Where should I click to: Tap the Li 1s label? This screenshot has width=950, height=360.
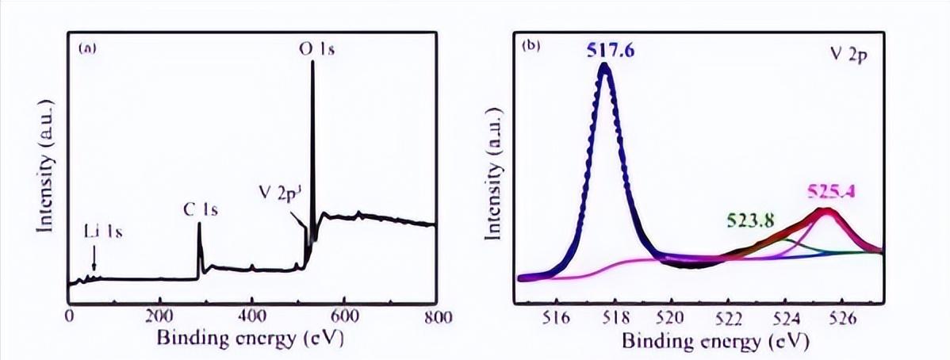[103, 233]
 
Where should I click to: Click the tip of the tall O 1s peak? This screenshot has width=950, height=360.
[312, 62]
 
